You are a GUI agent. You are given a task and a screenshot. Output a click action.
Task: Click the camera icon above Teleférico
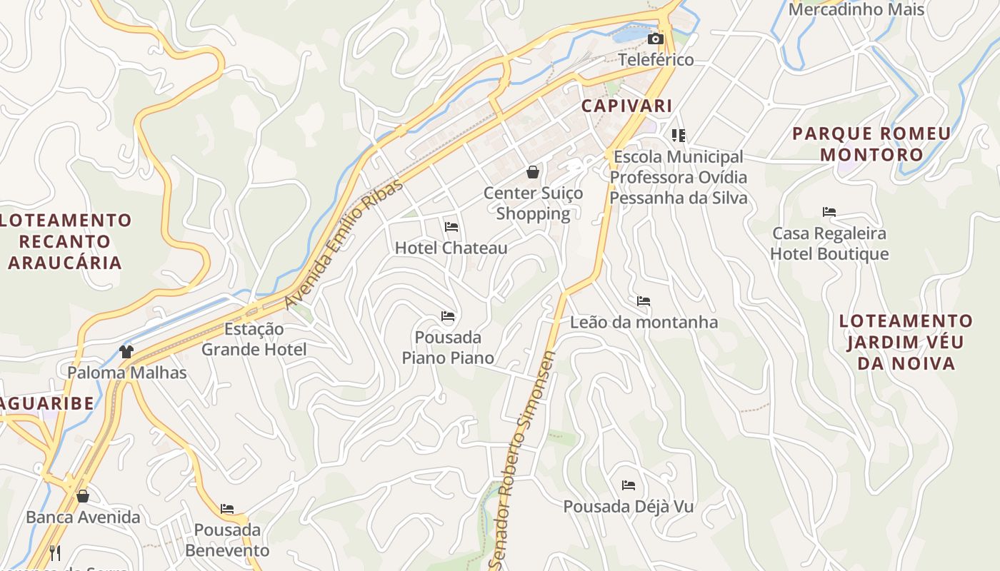click(x=655, y=39)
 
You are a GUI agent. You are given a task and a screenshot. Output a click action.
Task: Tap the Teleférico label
click(x=656, y=59)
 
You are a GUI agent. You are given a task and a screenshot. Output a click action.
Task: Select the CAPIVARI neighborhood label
click(x=626, y=106)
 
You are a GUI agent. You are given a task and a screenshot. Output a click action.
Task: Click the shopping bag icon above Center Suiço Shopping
click(x=533, y=171)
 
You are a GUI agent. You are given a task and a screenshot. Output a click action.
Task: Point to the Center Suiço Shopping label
click(x=533, y=203)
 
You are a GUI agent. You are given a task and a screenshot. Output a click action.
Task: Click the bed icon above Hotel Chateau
click(x=451, y=227)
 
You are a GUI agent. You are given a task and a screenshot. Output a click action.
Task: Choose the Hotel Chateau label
click(x=451, y=248)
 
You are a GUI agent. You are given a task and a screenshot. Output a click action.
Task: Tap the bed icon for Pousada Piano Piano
click(x=448, y=315)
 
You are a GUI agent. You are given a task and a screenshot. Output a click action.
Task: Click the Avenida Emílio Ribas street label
click(x=344, y=244)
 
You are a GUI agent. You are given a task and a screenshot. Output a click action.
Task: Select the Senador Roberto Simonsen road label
click(x=523, y=460)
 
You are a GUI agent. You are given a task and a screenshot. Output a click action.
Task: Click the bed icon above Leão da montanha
click(x=644, y=301)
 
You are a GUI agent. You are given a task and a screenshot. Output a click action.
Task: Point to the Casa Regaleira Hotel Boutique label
click(x=829, y=243)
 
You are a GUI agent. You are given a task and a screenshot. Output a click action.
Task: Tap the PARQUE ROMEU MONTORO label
click(x=871, y=143)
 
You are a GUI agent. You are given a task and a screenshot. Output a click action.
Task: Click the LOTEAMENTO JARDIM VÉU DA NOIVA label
click(x=906, y=342)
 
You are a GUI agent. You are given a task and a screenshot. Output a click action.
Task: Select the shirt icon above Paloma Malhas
click(x=126, y=351)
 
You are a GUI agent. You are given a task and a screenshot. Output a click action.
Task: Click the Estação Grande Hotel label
click(x=254, y=339)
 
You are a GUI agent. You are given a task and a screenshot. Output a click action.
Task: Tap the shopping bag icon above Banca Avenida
click(x=83, y=496)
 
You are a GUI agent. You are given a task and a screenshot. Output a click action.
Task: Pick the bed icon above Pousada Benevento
click(x=227, y=509)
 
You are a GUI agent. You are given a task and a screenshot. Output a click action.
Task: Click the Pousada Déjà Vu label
click(x=629, y=507)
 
